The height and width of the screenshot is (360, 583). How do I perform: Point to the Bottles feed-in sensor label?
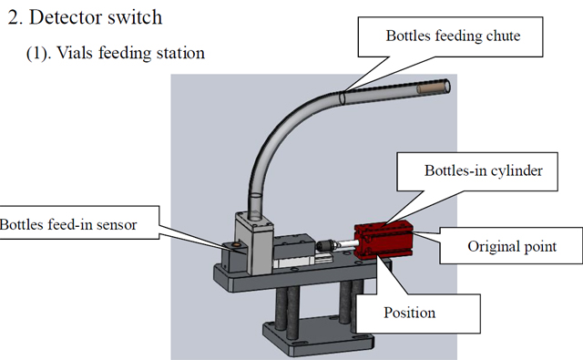pyautogui.click(x=69, y=225)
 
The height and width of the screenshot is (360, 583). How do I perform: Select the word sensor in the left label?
pyautogui.click(x=117, y=225)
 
